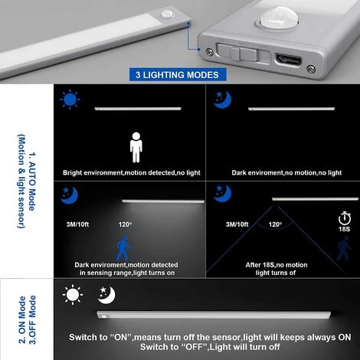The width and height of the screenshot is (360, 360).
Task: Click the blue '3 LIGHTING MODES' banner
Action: point(178,74)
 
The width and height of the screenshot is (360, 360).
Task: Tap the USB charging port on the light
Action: point(288,61)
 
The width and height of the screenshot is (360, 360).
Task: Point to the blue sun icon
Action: point(70,100)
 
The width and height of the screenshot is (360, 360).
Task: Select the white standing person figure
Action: point(136,147)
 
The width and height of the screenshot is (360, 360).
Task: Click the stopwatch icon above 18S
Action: point(345,218)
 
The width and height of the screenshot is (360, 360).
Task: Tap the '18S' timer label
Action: point(344,229)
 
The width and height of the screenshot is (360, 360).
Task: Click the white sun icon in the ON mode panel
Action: point(73,295)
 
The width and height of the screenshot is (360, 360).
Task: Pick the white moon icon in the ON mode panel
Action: point(106,295)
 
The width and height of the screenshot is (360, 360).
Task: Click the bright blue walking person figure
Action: point(123,248)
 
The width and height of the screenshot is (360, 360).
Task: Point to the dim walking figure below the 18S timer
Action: point(343,248)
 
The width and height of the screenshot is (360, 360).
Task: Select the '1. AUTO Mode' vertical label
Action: point(32,182)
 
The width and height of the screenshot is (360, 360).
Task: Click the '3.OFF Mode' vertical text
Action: point(32,320)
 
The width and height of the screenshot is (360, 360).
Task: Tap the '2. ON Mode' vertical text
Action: point(22,320)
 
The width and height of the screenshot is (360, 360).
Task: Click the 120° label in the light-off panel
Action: point(275,224)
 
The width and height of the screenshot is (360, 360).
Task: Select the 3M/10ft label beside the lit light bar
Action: point(77,224)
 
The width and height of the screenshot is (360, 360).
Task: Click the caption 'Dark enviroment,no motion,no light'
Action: point(286,173)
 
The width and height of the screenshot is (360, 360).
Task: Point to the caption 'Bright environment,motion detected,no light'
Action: point(132,173)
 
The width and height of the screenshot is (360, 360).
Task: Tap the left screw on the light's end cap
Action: point(210,52)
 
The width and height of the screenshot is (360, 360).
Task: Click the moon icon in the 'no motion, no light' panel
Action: point(222,100)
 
